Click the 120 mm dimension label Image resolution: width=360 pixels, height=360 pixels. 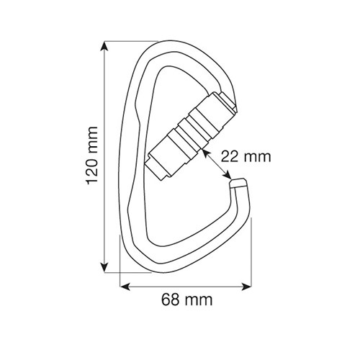(92, 156)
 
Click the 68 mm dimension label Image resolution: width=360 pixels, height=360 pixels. (187, 300)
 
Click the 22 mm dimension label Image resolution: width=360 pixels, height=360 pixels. (246, 157)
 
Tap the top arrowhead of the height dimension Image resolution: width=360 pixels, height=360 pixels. (104, 46)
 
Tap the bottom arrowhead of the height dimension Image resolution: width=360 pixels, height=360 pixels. (104, 268)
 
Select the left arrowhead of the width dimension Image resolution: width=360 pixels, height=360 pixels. (125, 287)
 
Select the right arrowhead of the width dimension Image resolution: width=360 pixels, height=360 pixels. (246, 287)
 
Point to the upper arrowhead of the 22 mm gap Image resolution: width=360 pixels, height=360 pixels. (206, 153)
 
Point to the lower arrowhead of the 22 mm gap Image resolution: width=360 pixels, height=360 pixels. (228, 175)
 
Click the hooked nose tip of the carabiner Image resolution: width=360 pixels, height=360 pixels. (238, 183)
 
